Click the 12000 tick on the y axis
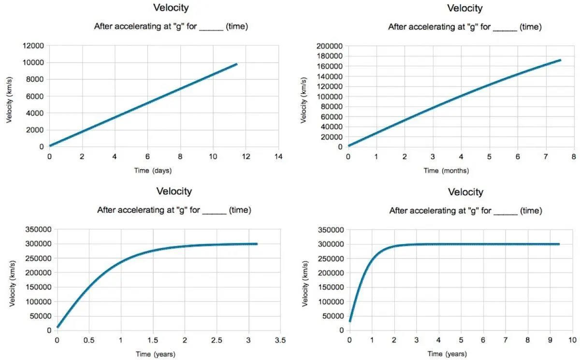[33, 46]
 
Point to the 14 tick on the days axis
[278, 157]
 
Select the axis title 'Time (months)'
[446, 171]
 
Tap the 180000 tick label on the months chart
[330, 56]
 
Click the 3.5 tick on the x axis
[280, 340]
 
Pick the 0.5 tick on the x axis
[89, 340]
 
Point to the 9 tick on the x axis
[551, 340]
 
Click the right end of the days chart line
[236, 64]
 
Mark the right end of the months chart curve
[560, 60]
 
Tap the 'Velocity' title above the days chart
[171, 8]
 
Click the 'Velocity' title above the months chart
[464, 8]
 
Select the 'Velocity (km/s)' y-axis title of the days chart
[10, 97]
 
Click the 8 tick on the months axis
[574, 157]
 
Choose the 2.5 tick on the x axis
[217, 340]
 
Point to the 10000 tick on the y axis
[33, 63]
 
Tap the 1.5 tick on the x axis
[153, 340]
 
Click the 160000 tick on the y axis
[330, 66]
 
